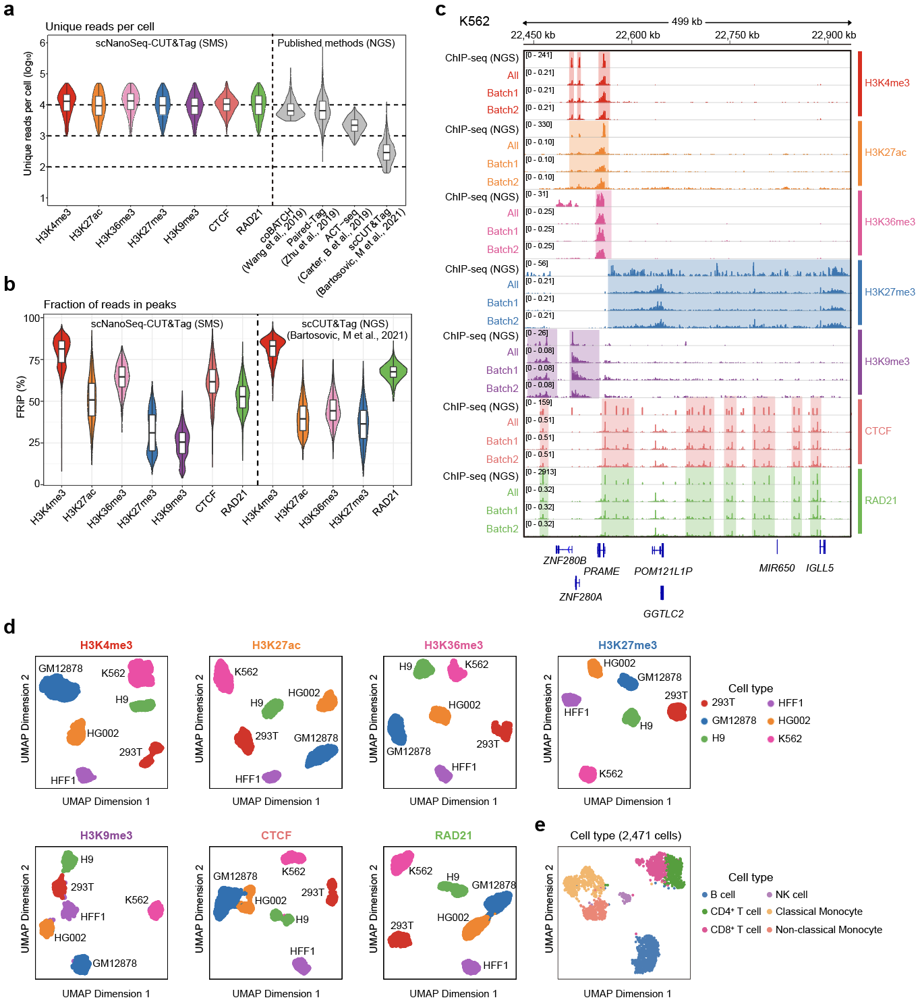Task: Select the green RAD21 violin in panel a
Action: point(258,105)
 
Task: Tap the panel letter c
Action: point(441,9)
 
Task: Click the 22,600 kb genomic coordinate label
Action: point(637,35)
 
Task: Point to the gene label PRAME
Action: point(601,571)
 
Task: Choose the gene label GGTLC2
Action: point(663,613)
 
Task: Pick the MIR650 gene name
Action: point(776,568)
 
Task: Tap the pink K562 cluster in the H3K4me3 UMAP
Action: point(142,673)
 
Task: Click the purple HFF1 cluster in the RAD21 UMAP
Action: point(471,966)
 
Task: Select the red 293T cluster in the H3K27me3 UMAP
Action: point(677,711)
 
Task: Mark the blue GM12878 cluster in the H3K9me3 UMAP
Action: point(81,964)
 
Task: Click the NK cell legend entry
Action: point(790,895)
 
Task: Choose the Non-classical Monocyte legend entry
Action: point(828,930)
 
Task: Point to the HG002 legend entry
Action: point(793,721)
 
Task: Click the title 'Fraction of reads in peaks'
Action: point(110,305)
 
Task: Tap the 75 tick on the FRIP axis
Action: point(34,360)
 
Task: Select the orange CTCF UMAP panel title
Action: point(276,835)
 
